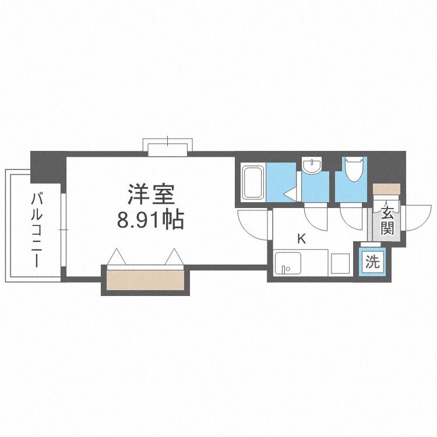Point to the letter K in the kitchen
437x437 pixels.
point(301,238)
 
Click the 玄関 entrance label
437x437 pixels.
point(387,220)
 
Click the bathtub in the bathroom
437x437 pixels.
point(253,182)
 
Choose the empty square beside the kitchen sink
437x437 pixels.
point(340,263)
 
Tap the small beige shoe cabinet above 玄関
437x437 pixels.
point(386,189)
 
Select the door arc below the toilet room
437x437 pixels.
point(352,217)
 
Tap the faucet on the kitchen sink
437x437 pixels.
point(283,269)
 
